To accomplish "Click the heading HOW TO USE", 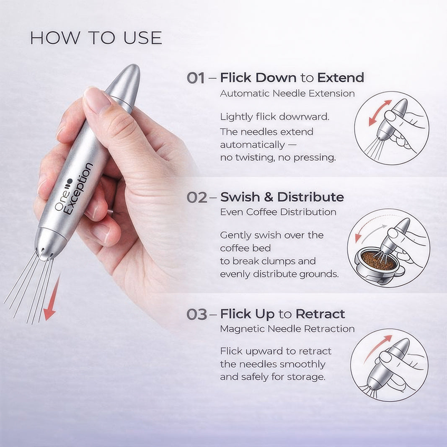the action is point(96,38).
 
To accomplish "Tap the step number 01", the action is point(196,78).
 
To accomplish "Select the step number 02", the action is point(197,198).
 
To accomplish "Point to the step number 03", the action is point(197,315).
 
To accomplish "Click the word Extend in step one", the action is point(341,78).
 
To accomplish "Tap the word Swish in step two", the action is point(240,197).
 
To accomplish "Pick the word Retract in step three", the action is point(320,314).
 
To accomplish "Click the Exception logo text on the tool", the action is point(78,189).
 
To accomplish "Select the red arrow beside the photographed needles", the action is point(52,297).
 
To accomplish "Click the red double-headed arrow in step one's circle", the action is point(380,113).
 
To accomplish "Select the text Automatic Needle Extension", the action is point(287,93).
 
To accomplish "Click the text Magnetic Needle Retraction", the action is point(287,329).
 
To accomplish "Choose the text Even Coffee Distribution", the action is point(278,212).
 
